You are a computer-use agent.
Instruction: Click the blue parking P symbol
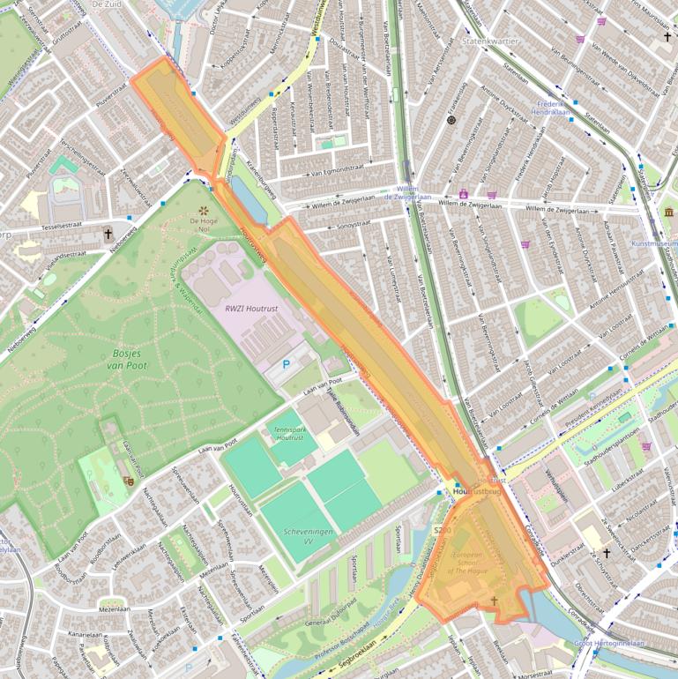tap(285, 363)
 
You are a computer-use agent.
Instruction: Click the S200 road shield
tap(442, 530)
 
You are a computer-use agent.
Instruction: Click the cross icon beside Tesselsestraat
tap(108, 235)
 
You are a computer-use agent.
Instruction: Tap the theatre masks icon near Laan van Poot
tap(128, 481)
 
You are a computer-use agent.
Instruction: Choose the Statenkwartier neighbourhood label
tap(491, 41)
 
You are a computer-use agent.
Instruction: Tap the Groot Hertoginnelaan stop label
tap(608, 643)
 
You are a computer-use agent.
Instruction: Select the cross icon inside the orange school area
tap(494, 601)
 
